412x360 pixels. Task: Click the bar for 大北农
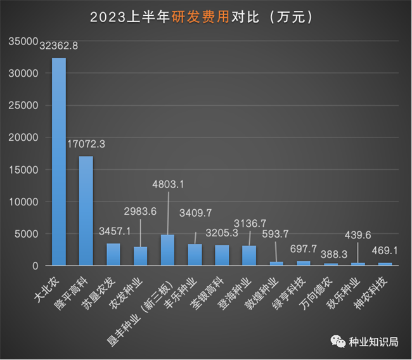click(58, 162)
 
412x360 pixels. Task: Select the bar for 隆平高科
click(86, 210)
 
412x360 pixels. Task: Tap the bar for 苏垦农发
click(113, 254)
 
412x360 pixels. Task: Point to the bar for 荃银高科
click(222, 255)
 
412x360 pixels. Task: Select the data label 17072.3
click(86, 144)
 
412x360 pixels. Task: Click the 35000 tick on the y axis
click(23, 41)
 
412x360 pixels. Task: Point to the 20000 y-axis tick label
click(23, 138)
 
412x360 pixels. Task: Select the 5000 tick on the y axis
click(26, 234)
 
